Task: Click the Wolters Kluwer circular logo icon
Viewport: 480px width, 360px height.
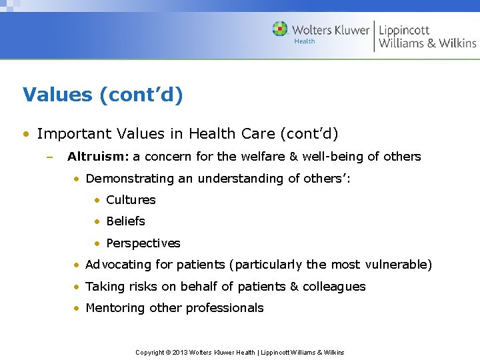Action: tap(280, 29)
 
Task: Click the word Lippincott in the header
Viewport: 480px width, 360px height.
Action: tap(404, 29)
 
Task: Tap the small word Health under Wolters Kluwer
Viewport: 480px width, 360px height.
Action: tap(305, 41)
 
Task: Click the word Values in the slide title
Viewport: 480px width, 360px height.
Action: tap(57, 95)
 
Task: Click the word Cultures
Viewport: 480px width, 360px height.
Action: tap(131, 200)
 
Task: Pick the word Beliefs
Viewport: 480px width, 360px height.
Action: tap(125, 221)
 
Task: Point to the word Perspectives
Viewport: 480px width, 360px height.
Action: tap(143, 243)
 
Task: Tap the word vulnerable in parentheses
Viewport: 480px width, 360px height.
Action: tap(398, 265)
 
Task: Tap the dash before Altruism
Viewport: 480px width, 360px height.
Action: tap(49, 157)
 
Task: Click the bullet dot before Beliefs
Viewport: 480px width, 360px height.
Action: tap(97, 221)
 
